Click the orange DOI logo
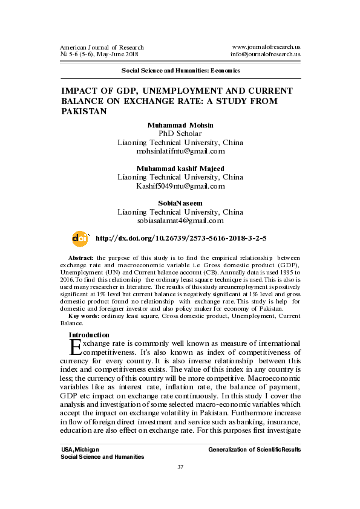pyautogui.click(x=79, y=239)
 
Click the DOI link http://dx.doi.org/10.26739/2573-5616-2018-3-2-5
pyautogui.click(x=181, y=239)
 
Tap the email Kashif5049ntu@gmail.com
pyautogui.click(x=180, y=186)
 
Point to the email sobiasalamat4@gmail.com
pyautogui.click(x=180, y=221)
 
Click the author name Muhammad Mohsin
pyautogui.click(x=180, y=125)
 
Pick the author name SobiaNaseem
pyautogui.click(x=180, y=203)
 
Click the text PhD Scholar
pyautogui.click(x=180, y=133)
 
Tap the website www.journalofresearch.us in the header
pyautogui.click(x=266, y=47)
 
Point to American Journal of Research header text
pyautogui.click(x=102, y=47)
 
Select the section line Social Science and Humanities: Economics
pyautogui.click(x=180, y=70)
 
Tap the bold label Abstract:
pyautogui.click(x=80, y=258)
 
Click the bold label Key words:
pyautogui.click(x=83, y=316)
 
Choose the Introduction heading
pyautogui.click(x=89, y=335)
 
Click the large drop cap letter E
pyautogui.click(x=75, y=347)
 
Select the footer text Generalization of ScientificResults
pyautogui.click(x=254, y=450)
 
